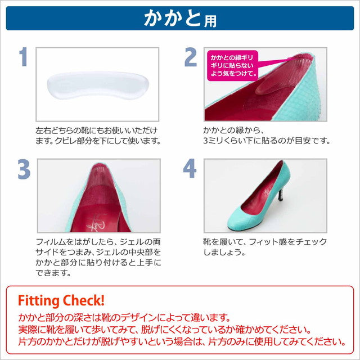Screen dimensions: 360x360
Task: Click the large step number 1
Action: coord(24,57)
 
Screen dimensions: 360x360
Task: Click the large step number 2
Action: coord(191,57)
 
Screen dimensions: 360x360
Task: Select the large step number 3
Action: coord(24,169)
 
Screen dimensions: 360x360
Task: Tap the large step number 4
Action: coord(190,168)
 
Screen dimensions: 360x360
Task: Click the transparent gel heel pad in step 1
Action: coord(98,85)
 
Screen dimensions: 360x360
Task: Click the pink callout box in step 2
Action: coord(232,66)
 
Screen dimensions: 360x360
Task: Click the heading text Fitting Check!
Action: coord(61,301)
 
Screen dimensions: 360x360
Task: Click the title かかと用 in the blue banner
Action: coord(180,19)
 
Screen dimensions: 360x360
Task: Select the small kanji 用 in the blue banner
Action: coord(210,21)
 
